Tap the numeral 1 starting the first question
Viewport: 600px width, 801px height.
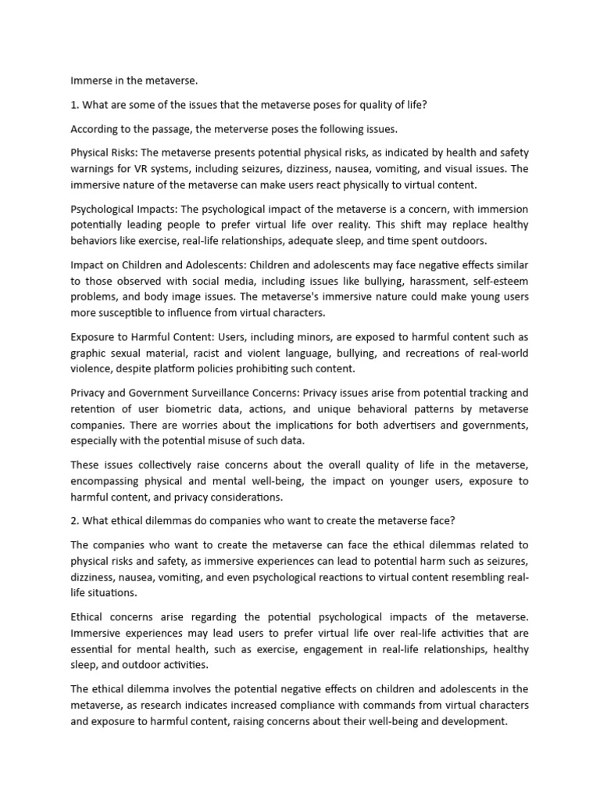click(73, 104)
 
